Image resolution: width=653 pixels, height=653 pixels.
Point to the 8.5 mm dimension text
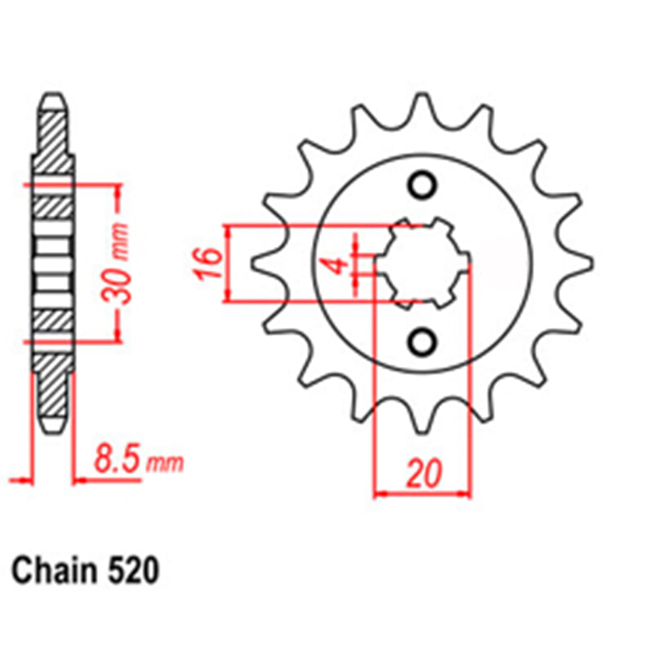click(137, 460)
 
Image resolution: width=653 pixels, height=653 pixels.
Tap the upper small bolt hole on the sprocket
click(422, 185)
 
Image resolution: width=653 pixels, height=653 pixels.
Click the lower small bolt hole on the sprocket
click(422, 341)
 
